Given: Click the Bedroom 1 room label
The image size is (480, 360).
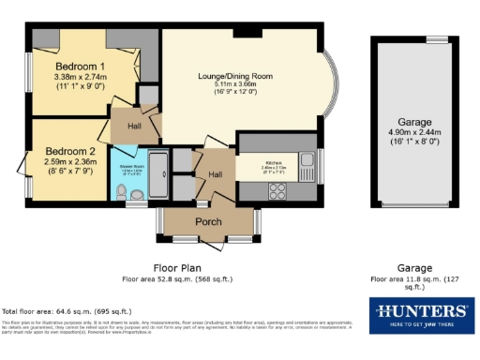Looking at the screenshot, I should pos(79,67).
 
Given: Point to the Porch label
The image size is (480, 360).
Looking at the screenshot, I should pos(207,221).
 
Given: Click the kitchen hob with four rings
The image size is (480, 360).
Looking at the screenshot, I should pos(278,190).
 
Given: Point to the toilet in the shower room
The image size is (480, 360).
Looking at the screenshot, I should pos(137,195).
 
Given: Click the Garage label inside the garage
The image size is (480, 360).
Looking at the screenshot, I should pos(413,122).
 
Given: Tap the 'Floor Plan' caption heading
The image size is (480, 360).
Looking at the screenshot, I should pos(176,267).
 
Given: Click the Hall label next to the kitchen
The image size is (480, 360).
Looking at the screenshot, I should pos(215,173).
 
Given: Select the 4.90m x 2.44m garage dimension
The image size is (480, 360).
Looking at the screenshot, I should pos(413,133).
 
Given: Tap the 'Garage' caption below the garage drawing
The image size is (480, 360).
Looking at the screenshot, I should pos(413,267).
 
